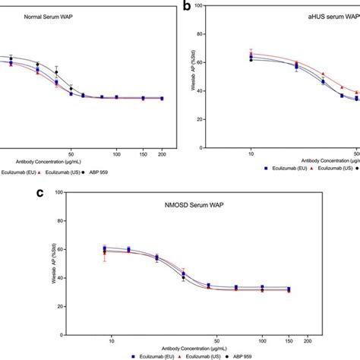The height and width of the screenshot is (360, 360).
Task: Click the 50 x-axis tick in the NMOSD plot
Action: pos(218,340)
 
